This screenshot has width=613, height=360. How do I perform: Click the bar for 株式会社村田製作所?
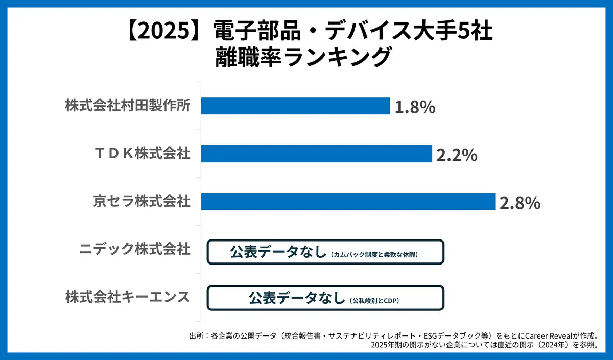tap(295, 106)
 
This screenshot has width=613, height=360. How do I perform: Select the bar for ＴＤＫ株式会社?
tap(317, 154)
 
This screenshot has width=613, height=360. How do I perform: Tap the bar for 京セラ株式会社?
tap(348, 201)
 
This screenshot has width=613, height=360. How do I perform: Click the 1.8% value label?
tap(414, 107)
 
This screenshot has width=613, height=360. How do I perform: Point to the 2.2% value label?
tap(457, 155)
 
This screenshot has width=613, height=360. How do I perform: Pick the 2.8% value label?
tap(520, 203)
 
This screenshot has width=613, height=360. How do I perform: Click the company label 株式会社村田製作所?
tap(128, 106)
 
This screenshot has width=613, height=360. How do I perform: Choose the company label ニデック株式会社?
tap(135, 249)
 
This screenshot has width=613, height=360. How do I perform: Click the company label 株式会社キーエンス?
tap(128, 297)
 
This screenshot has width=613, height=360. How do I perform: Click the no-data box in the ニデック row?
tap(325, 252)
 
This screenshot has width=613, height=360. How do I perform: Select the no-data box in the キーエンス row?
tap(325, 298)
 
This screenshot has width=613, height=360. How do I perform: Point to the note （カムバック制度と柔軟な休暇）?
tap(375, 254)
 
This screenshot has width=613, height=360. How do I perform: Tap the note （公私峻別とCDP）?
tap(374, 301)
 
